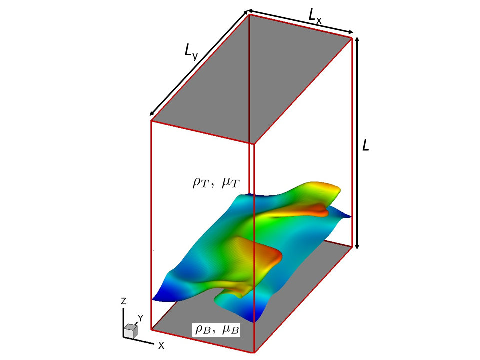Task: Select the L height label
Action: pos(365,145)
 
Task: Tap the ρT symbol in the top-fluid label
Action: pos(201,183)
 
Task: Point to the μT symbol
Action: pos(231,183)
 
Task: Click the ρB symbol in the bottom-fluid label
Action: pos(203,329)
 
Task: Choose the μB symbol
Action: pos(230,329)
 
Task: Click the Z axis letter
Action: pos(123,301)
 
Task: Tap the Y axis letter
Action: pos(140,318)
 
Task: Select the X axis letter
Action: pos(161,346)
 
